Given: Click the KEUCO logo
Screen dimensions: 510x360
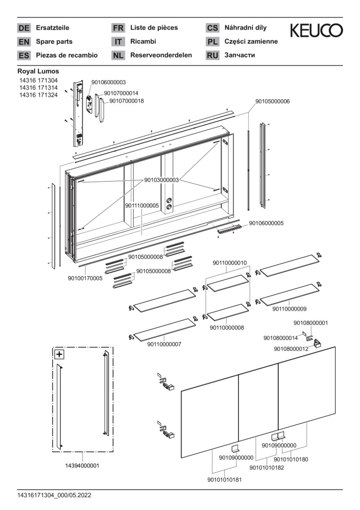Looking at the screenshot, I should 316,31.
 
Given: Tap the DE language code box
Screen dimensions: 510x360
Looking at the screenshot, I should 24,28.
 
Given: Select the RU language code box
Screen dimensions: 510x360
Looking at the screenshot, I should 212,55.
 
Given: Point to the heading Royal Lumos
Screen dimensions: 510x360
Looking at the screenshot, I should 38,71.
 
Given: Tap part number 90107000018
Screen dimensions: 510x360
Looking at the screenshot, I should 126,101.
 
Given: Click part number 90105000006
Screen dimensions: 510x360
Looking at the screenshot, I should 273,102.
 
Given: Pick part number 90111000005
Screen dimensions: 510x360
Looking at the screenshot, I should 142,206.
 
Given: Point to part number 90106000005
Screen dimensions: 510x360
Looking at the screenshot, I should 266,223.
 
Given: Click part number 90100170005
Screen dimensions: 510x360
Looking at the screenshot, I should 85,279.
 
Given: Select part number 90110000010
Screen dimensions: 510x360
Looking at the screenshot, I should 229,263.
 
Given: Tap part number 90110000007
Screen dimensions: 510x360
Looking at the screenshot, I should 164,344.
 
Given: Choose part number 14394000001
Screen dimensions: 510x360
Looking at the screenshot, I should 82,466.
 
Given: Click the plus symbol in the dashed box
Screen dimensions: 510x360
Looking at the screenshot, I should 59,354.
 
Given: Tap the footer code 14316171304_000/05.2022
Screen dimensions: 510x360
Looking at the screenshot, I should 54,495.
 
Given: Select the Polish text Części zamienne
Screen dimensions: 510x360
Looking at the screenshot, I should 251,42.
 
